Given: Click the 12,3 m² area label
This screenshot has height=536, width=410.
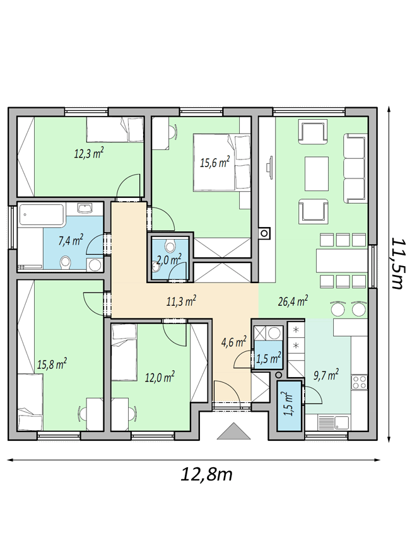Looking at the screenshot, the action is pos(89,153).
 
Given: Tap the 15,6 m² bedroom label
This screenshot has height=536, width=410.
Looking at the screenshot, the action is pos(214,162).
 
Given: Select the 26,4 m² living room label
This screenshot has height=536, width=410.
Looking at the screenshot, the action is pos(293,301).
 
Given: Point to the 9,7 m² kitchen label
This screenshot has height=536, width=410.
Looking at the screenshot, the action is pos(326,375).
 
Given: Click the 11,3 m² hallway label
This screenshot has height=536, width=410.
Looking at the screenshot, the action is pos(181,301).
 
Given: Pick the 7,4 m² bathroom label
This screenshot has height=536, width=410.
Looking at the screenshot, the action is pos(71,240).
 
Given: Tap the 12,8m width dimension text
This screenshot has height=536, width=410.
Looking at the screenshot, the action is pos(206,474).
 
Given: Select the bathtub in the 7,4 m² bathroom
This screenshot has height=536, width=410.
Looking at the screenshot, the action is pos(42,215).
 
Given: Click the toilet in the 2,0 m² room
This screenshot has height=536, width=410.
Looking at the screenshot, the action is pos(170,245).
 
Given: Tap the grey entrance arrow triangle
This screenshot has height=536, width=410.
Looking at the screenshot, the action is pos(233,430).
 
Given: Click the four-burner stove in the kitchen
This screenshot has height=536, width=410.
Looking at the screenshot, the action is pos(360,382).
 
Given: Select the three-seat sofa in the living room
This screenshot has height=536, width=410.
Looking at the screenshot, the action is pos(355,168).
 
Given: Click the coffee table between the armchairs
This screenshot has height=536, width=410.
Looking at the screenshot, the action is pos(316,173).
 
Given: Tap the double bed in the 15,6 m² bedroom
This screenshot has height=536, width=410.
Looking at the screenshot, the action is pos(221,162).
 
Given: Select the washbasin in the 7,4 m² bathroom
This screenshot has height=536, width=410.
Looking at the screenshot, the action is pos(85,208).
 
